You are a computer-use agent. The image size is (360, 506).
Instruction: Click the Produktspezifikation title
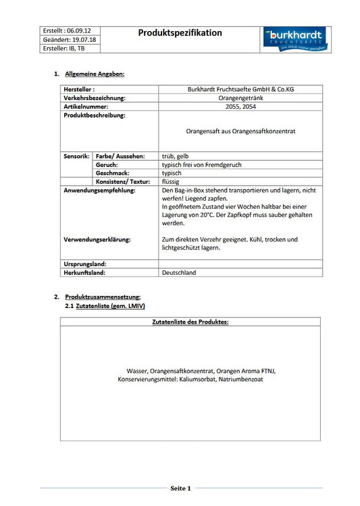(x=180, y=32)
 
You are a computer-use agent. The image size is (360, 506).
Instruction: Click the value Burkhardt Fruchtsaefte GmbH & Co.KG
(x=240, y=89)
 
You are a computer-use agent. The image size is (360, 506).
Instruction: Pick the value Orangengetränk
(x=240, y=98)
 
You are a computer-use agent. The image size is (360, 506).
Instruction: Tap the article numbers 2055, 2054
(x=240, y=107)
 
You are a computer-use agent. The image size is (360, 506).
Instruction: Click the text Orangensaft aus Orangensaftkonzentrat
(x=240, y=130)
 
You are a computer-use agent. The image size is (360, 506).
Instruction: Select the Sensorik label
(x=76, y=156)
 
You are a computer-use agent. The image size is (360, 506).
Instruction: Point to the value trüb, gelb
(x=176, y=156)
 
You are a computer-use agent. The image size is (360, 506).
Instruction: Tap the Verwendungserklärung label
(x=97, y=239)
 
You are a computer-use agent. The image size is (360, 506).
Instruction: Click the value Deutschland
(x=179, y=273)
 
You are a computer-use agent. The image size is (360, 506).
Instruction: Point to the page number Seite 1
(x=180, y=488)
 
